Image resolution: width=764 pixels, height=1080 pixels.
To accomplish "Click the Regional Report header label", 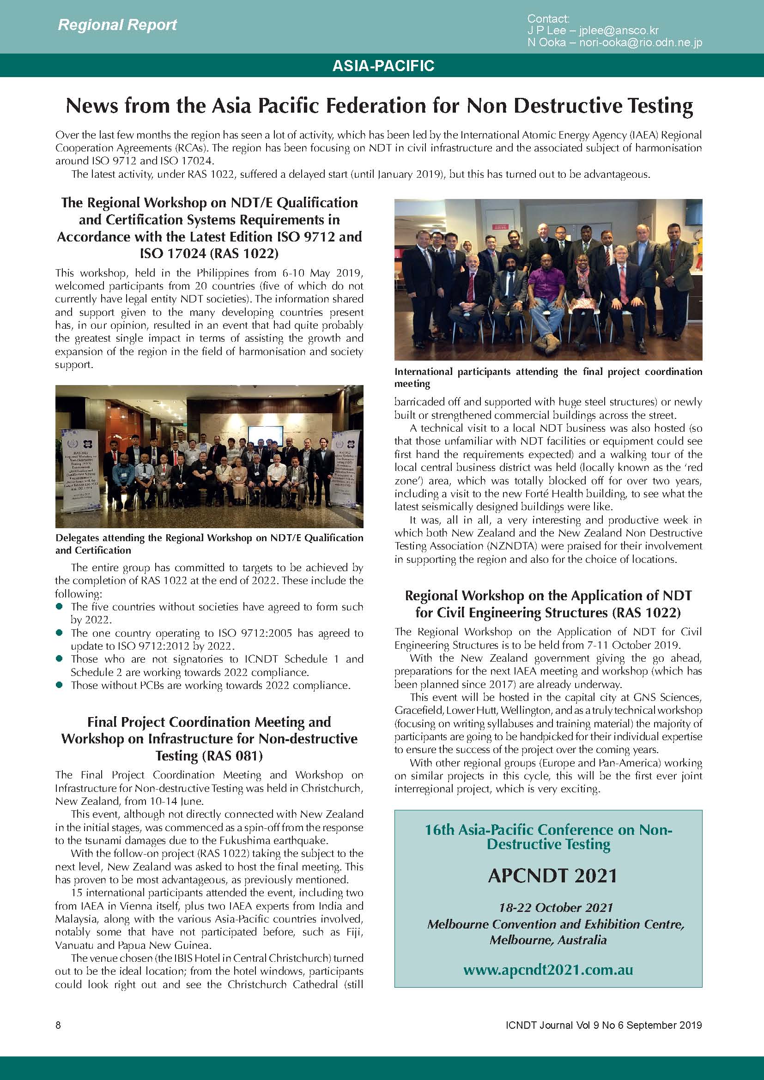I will point(117,24).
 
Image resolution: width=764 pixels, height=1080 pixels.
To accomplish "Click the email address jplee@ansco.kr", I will point(618,30).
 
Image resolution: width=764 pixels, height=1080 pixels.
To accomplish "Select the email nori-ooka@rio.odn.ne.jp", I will point(640,42).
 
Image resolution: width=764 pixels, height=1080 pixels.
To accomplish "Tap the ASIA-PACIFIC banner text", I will point(383,66).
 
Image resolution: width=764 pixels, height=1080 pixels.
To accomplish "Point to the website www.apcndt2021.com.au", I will point(548,970).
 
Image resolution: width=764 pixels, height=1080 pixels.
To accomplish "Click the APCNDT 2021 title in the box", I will point(552,876).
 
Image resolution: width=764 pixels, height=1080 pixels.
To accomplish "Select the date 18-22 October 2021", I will point(556,908).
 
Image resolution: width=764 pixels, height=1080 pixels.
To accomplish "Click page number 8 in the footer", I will point(58,1026).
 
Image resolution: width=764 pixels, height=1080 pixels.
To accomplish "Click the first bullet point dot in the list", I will point(59,607).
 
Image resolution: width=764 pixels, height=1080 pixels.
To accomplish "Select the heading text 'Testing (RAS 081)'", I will point(209,755).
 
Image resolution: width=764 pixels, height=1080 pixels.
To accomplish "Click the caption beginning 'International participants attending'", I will point(548,377).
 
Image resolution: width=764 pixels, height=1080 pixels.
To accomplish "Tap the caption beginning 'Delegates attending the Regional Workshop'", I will point(209,544).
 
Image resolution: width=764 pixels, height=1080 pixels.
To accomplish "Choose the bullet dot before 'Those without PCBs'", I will point(59,685).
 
